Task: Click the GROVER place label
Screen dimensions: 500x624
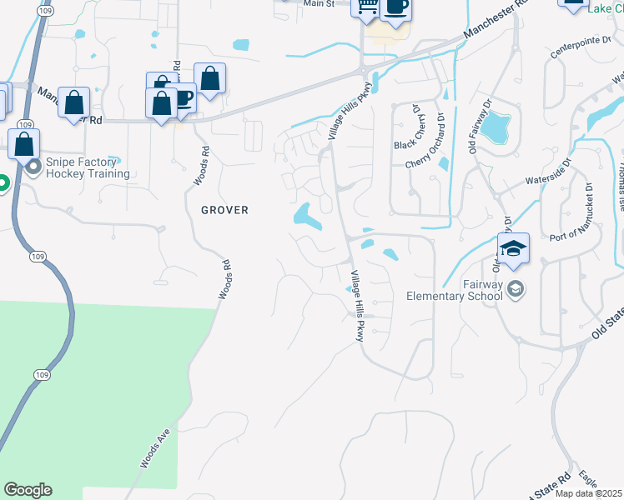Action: click(x=224, y=210)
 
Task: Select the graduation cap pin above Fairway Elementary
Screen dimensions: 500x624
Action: click(x=513, y=248)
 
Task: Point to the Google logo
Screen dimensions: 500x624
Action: click(x=28, y=490)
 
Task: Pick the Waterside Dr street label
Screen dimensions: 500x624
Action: click(x=546, y=173)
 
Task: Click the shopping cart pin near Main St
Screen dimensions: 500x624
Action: click(x=365, y=7)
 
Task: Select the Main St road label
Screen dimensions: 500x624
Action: click(x=318, y=4)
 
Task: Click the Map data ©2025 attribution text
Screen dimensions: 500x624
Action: click(x=589, y=493)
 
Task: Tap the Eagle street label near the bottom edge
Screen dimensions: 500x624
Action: click(x=587, y=480)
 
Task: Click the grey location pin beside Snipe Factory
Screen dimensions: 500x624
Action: click(x=34, y=167)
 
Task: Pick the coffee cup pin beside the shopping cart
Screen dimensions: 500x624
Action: click(x=395, y=7)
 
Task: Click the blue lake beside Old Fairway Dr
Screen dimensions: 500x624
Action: click(x=496, y=127)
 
